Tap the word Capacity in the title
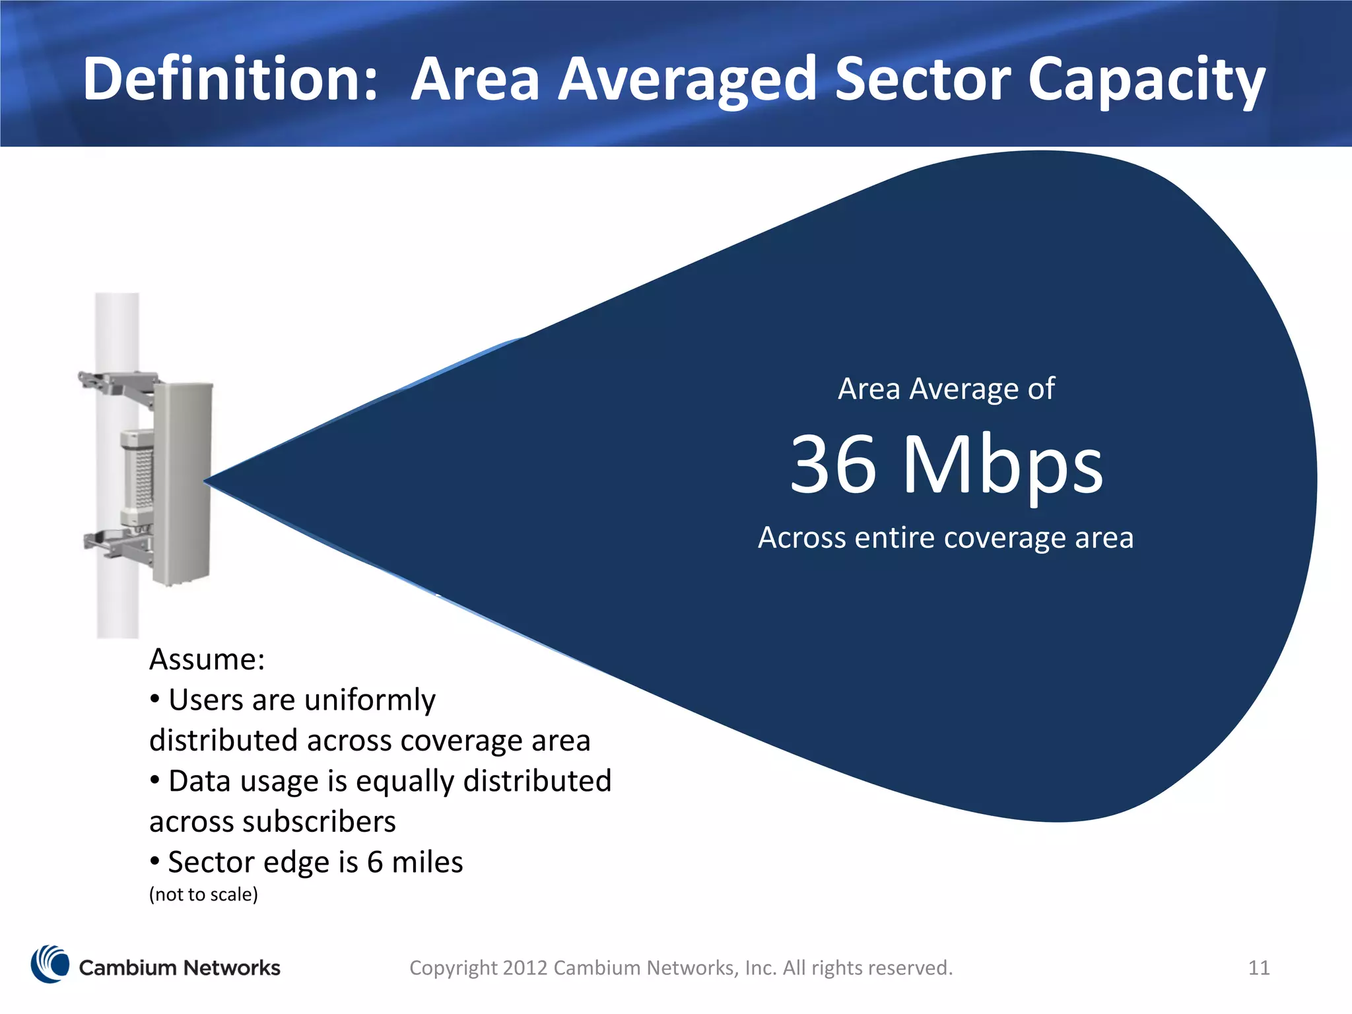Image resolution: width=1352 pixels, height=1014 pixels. (1147, 81)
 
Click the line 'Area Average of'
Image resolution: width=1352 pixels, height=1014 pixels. (946, 389)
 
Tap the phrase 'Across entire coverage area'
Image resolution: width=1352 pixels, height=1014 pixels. (945, 537)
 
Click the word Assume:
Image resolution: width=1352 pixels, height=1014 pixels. (207, 659)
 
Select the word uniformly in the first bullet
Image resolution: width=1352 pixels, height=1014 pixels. (370, 700)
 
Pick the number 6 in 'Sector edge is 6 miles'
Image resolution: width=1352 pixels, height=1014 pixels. (375, 862)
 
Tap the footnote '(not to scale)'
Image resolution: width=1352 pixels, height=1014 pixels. (203, 895)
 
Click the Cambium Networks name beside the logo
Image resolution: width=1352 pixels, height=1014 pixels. (180, 968)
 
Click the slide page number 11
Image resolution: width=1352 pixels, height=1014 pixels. (1259, 968)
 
